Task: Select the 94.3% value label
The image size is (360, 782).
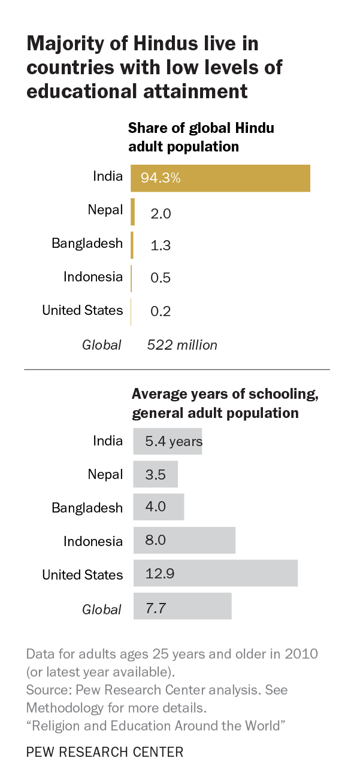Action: pyautogui.click(x=161, y=178)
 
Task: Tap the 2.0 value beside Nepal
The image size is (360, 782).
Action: pyautogui.click(x=161, y=213)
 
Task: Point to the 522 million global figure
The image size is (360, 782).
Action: pyautogui.click(x=182, y=345)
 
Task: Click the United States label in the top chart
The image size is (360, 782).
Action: pyautogui.click(x=82, y=310)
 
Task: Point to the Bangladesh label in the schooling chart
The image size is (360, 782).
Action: pyautogui.click(x=87, y=508)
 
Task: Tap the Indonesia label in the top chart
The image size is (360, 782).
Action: pyautogui.click(x=93, y=277)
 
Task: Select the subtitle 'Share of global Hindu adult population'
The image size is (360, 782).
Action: pyautogui.click(x=201, y=137)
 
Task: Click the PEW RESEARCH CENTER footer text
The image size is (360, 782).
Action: pyautogui.click(x=105, y=752)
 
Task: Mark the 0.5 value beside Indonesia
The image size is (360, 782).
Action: pyautogui.click(x=161, y=278)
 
